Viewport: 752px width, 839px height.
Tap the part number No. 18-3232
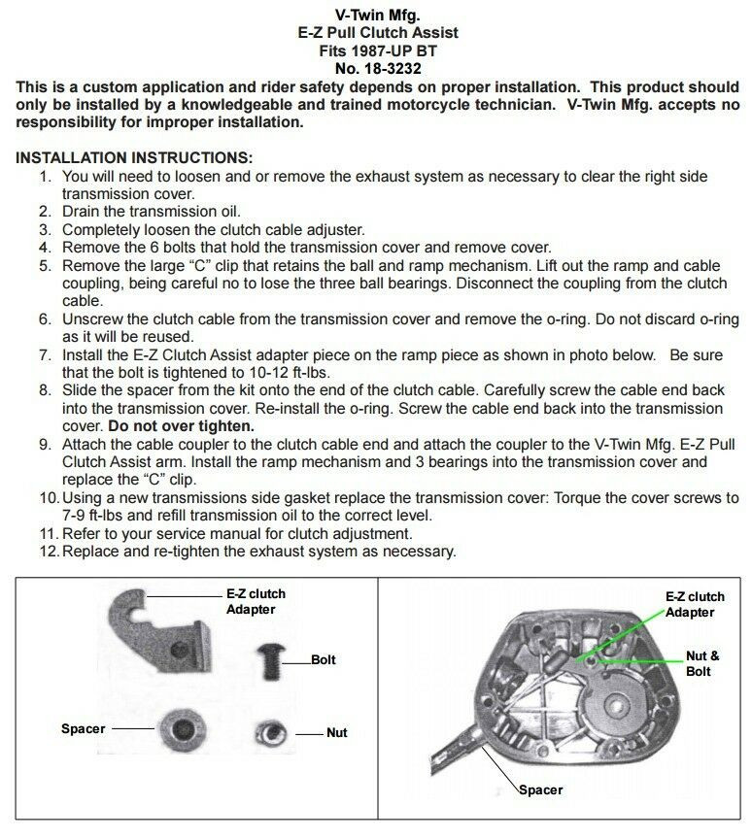[377, 69]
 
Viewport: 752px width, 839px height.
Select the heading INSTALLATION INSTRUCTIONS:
[134, 157]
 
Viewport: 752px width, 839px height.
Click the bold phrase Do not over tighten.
[182, 425]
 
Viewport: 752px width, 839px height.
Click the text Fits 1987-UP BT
[377, 50]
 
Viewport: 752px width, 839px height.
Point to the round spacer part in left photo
[180, 728]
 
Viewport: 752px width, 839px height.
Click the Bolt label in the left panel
[324, 659]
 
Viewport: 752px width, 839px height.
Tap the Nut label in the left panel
[336, 733]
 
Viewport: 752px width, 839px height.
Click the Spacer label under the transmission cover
[539, 789]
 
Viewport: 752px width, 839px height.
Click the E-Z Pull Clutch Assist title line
[377, 32]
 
